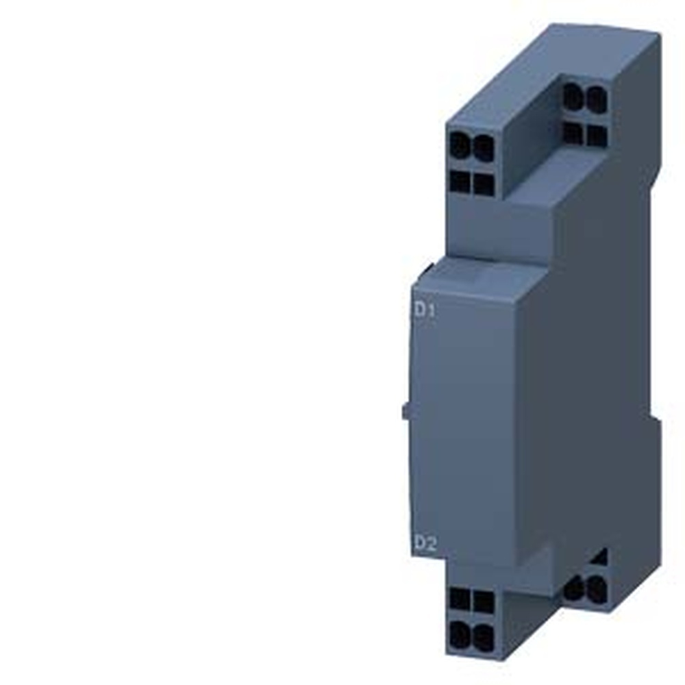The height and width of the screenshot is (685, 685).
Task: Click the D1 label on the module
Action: [424, 310]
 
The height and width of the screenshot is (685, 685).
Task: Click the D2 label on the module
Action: [425, 545]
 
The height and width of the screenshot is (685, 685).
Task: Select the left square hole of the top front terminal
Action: [460, 181]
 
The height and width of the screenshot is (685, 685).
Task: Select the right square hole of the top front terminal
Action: [484, 183]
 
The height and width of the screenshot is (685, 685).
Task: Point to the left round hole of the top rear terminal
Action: [573, 99]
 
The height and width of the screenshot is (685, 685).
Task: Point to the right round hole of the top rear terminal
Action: [596, 101]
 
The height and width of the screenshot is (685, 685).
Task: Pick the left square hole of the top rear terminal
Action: [573, 132]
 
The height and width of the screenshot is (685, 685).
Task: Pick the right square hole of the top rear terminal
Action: [596, 135]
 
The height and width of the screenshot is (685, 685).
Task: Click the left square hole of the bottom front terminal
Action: [460, 600]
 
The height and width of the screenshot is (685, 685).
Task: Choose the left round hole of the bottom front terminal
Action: [460, 633]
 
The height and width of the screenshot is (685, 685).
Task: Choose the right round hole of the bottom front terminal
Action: [484, 636]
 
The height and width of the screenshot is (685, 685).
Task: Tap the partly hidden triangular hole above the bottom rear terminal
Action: [599, 557]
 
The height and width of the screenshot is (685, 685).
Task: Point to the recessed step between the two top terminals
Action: [527, 137]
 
